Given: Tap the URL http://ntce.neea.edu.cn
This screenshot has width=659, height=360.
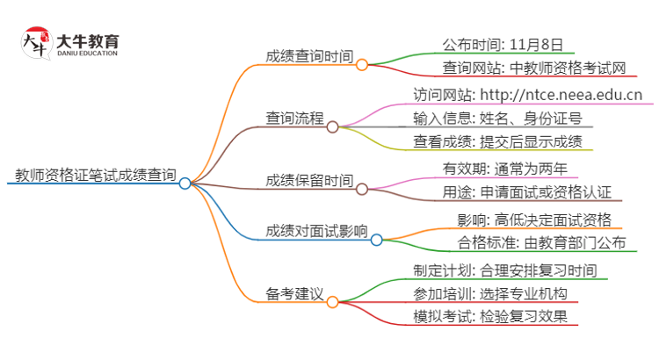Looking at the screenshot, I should coord(561,94).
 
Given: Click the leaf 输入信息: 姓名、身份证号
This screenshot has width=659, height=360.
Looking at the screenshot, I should coord(496,118).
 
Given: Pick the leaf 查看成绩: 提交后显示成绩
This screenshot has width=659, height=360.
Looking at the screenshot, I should coord(496,141).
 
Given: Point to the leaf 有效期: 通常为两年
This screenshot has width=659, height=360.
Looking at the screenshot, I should coord(504,167).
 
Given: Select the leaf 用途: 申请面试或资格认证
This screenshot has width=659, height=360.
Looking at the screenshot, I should coord(526,191).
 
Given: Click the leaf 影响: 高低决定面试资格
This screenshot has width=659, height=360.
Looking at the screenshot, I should coord(533,219).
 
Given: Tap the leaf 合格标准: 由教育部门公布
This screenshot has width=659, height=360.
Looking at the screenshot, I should coord(541,243).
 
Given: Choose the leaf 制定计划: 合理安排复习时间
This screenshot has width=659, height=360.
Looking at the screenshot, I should coord(504,270).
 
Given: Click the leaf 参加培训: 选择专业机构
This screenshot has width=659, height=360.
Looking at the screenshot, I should coord(489,293).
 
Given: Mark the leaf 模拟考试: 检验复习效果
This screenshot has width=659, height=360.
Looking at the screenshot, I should coord(489,317).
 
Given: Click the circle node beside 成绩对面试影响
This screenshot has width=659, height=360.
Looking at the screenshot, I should coord(375,239).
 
